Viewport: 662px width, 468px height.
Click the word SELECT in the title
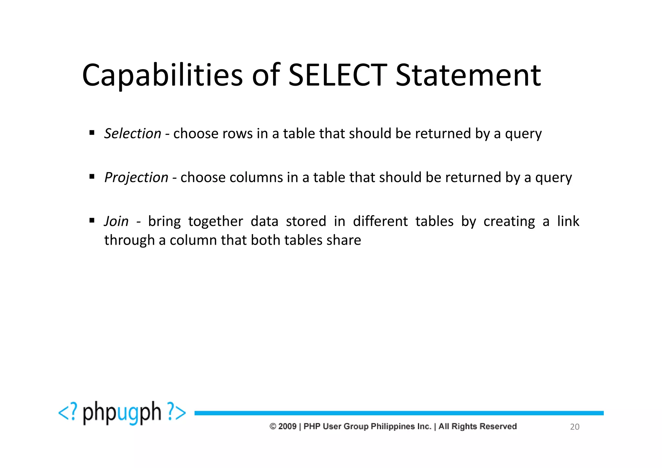[x=337, y=75]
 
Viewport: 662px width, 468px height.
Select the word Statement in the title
[x=468, y=75]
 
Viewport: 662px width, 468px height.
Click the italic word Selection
[x=133, y=133]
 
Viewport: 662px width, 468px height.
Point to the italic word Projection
[x=136, y=177]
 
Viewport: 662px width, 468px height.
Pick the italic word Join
[x=116, y=221]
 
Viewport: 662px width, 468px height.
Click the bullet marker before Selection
[x=92, y=133]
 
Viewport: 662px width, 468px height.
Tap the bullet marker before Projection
[x=92, y=176]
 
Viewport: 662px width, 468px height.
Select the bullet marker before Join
[x=92, y=220]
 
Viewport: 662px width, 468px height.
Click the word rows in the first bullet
[x=238, y=134]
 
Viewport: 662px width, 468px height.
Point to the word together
[x=216, y=222]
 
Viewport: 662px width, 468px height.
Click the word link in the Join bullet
[x=568, y=221]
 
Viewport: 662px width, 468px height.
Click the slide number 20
[x=574, y=427]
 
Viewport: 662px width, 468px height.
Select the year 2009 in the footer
[x=287, y=426]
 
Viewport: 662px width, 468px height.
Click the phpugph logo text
[x=122, y=413]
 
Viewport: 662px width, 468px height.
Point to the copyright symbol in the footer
[x=273, y=426]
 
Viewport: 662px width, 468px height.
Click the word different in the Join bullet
[x=380, y=221]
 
